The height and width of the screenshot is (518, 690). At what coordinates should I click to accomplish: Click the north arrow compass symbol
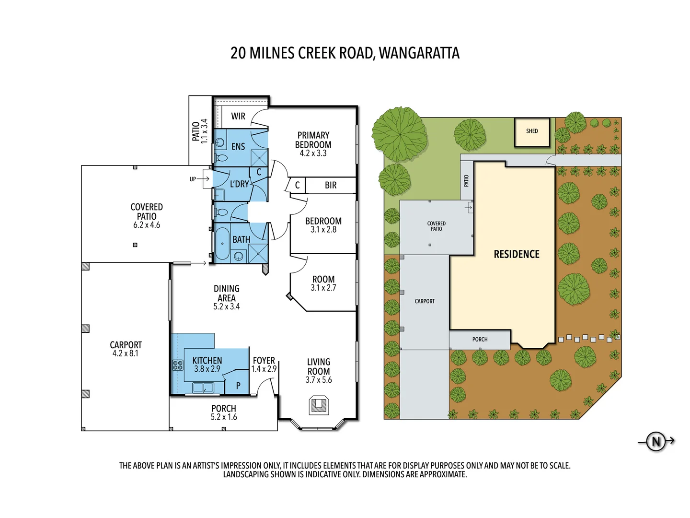(656, 441)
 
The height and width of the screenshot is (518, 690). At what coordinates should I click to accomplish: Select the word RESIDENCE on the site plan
(516, 254)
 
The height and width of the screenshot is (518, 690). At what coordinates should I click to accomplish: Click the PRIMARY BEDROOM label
(313, 140)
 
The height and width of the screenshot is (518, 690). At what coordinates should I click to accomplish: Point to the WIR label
(238, 116)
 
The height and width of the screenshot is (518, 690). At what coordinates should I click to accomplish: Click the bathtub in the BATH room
(222, 243)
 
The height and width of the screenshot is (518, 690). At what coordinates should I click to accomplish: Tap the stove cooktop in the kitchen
(178, 365)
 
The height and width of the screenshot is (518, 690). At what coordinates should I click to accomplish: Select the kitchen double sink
(203, 387)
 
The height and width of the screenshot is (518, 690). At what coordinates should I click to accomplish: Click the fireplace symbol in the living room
(319, 405)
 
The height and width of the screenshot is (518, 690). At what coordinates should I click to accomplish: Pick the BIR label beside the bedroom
(331, 185)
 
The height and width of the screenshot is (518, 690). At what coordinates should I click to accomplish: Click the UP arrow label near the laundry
(193, 179)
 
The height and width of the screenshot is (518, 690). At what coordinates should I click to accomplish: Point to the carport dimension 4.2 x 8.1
(125, 353)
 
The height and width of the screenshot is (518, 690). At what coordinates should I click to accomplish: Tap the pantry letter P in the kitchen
(238, 386)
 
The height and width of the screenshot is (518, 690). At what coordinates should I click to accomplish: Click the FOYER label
(264, 360)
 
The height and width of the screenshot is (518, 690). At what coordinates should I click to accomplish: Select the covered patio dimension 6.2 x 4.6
(147, 225)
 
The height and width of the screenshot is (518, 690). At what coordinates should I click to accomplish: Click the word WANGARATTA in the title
(419, 53)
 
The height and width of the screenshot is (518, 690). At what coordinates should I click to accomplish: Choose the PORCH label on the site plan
(480, 340)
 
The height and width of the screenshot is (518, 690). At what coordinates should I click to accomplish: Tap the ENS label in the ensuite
(238, 147)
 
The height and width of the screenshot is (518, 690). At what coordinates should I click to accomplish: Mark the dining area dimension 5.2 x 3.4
(226, 306)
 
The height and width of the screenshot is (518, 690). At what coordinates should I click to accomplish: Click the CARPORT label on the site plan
(425, 301)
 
